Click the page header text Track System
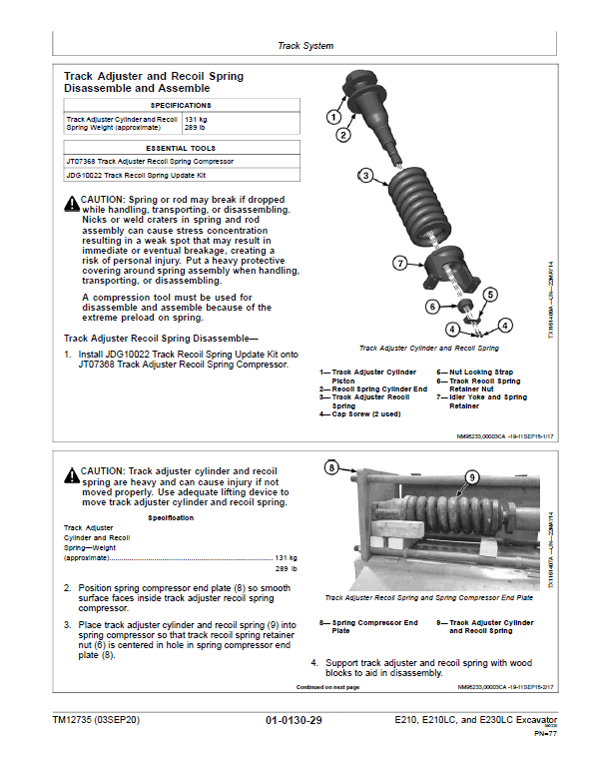coord(304,46)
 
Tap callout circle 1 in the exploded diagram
coord(333,117)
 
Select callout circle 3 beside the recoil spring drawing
coord(365,176)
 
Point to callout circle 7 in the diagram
coord(398,264)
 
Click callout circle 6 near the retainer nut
coord(432,307)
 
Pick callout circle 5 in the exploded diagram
coord(490,295)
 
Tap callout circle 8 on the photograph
coord(331,465)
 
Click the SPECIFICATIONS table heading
coord(180,105)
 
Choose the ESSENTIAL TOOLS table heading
coord(180,147)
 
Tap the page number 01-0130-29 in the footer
coord(294,720)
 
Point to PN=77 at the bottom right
coord(543,734)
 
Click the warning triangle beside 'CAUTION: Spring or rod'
coord(71,203)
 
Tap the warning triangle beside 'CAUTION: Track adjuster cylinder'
coord(71,474)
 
